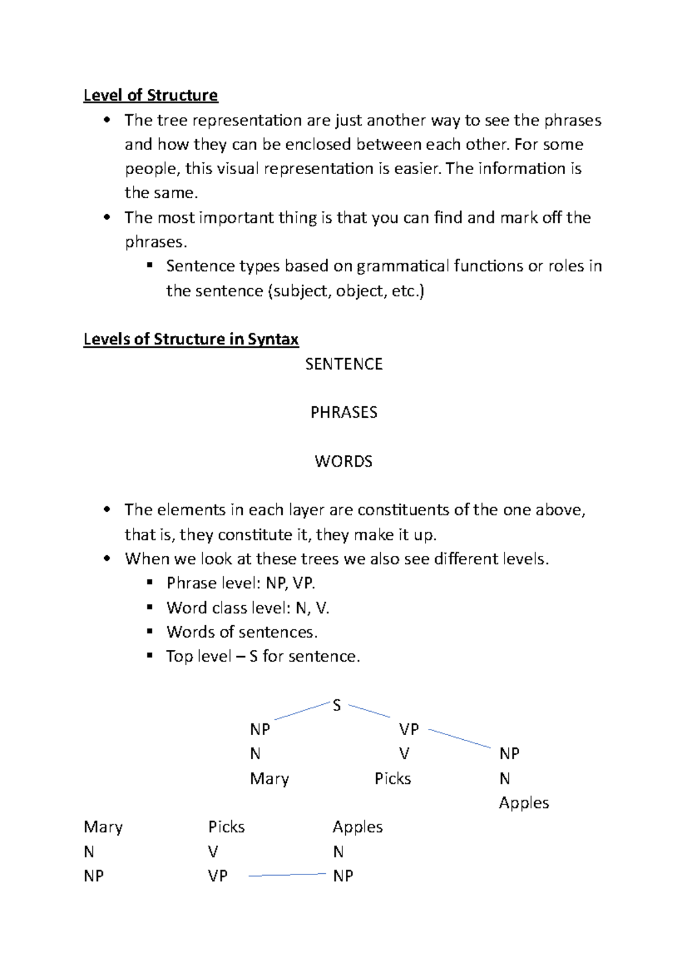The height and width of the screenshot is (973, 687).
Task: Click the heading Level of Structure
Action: [151, 95]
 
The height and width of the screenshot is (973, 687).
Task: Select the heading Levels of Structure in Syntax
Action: [191, 339]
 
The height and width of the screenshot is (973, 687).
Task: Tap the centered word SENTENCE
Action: [343, 364]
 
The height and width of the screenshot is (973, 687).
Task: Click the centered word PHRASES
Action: [343, 413]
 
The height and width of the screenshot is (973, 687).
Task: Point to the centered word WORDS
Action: [343, 461]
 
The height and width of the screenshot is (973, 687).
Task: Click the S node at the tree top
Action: [337, 706]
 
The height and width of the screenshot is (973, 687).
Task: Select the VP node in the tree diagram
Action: [409, 729]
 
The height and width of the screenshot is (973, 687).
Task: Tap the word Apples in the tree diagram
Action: [523, 803]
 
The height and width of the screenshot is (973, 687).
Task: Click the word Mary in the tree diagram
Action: [269, 779]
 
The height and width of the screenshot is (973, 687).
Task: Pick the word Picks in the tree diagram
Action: [393, 779]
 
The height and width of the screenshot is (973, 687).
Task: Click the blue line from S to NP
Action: [302, 711]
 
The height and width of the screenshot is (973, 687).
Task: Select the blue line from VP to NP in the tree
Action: [459, 739]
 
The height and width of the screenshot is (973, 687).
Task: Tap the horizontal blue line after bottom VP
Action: [287, 875]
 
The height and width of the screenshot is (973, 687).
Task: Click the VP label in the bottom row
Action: [218, 876]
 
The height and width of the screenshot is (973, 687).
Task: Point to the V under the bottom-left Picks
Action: [213, 852]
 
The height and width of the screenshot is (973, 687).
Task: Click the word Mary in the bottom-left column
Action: [103, 827]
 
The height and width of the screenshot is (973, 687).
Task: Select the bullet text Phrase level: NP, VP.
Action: [240, 583]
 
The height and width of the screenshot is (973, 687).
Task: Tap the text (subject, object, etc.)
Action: [346, 291]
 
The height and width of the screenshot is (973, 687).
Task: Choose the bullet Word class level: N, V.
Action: [247, 608]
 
